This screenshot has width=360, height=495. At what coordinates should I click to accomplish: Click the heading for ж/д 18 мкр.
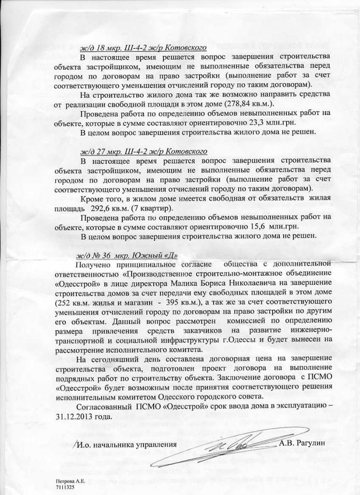coord(144,48)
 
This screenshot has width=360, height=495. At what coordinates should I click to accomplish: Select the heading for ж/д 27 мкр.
coord(144,151)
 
